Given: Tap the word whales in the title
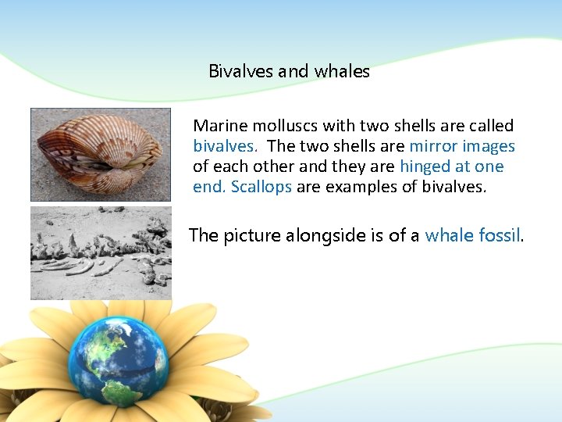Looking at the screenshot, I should click(x=342, y=72).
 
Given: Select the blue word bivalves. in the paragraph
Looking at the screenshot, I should click(x=226, y=146).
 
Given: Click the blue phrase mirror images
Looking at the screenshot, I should click(x=462, y=146).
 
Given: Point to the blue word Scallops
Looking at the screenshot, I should click(x=261, y=187).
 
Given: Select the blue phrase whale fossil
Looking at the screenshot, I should click(x=472, y=235).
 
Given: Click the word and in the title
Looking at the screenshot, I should click(x=293, y=72).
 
